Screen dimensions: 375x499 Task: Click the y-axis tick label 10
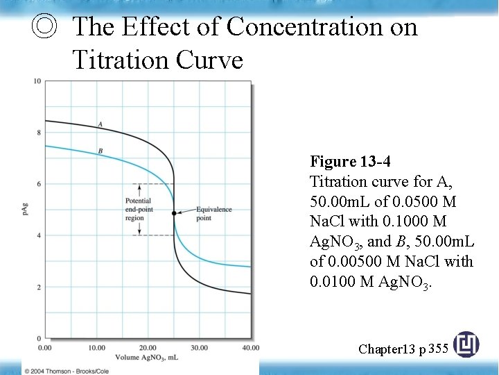pos(37,81)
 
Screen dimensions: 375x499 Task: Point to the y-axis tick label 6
pos(39,184)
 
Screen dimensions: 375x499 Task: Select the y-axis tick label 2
pos(39,287)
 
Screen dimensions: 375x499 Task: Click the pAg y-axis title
pos(26,208)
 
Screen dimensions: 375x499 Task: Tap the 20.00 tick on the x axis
pos(148,347)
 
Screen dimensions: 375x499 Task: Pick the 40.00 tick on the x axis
pos(250,347)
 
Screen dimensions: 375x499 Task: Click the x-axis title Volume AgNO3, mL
pos(148,357)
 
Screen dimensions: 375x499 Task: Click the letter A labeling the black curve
pos(100,124)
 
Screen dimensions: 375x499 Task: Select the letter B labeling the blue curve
pos(100,151)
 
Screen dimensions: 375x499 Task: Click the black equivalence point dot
pos(173,213)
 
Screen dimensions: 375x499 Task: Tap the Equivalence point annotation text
pos(213,213)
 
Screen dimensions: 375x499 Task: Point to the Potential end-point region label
pos(135,210)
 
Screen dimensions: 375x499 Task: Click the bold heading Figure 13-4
pos(350,162)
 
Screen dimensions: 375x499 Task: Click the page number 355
pos(439,348)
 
